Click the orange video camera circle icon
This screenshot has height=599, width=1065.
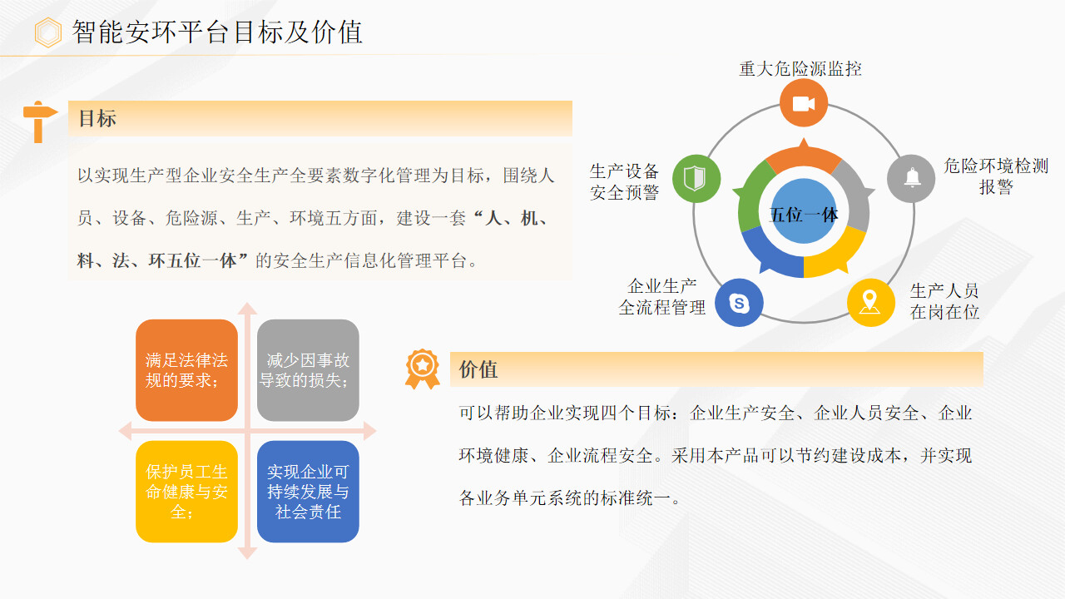coord(804,102)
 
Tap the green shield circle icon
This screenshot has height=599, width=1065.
coord(696,179)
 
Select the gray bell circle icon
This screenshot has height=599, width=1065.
coord(911,179)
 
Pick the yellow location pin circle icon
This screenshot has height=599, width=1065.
coord(871,302)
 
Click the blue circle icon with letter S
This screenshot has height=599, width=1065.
coord(740,302)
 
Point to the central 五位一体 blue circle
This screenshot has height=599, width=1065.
coord(804,211)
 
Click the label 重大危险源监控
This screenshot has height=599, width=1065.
coord(800,69)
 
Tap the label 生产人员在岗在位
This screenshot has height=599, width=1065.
coord(944,301)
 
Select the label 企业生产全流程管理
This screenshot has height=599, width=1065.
coord(661,297)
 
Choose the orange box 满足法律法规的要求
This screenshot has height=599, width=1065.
coord(187,370)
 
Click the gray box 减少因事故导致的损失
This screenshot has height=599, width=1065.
coord(308,370)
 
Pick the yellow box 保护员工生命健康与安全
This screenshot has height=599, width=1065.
coord(187,492)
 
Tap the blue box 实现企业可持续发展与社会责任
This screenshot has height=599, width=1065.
coord(308,492)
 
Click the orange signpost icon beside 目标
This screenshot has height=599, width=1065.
coord(39,121)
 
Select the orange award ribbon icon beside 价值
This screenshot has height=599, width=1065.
coord(422,369)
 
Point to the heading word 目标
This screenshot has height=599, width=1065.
coord(97,118)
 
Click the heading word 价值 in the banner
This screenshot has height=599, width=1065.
coord(478,369)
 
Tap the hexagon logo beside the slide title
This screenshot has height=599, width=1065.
coord(48,32)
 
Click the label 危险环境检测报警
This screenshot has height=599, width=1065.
coord(996,176)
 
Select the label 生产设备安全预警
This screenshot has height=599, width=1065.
coord(624,181)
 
